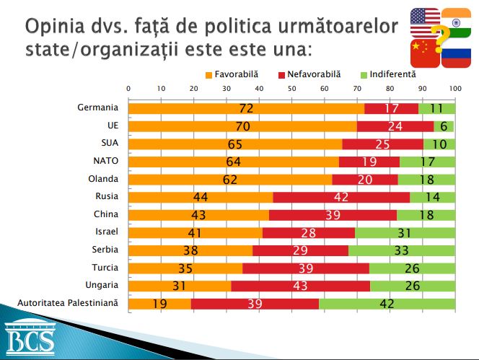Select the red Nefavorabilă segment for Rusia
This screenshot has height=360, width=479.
[341, 197]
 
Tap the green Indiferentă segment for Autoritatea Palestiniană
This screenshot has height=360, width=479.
[387, 304]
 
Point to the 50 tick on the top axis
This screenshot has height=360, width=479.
[291, 88]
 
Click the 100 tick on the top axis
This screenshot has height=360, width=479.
[454, 88]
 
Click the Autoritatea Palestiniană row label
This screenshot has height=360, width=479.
[68, 304]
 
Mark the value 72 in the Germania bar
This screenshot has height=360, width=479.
[247, 108]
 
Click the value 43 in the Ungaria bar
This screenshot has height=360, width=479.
[300, 286]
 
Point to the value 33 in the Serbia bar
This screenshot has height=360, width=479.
[400, 250]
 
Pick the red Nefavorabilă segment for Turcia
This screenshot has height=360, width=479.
[306, 268]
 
